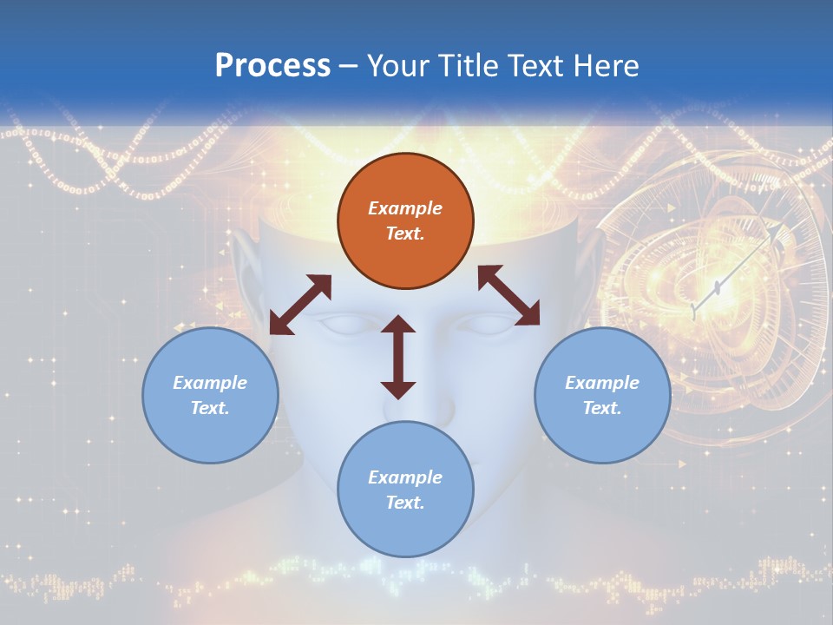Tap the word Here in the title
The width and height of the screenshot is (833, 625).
(606, 66)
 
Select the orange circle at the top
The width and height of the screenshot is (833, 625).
(405, 220)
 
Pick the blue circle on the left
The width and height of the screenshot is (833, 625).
(210, 395)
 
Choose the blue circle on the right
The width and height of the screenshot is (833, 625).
(602, 395)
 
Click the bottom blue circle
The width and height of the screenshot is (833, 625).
(405, 489)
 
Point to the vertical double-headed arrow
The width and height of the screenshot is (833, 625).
(398, 357)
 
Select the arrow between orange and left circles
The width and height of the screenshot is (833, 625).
(301, 305)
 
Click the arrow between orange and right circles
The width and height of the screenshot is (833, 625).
(509, 295)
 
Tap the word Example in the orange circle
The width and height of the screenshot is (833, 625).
(405, 207)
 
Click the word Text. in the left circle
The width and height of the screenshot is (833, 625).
(210, 408)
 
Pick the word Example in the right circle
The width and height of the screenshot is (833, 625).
(602, 382)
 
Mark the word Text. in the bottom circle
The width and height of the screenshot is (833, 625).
(405, 503)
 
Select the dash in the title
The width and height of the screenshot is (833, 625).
(349, 68)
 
